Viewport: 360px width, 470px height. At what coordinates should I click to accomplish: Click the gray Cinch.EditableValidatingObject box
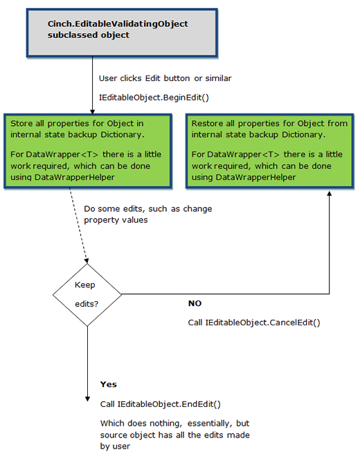[122, 33]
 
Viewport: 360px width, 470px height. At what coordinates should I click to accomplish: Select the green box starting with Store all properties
[88, 151]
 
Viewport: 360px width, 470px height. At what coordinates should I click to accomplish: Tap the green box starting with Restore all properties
[270, 151]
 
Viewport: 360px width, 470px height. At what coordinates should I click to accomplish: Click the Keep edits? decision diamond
[87, 295]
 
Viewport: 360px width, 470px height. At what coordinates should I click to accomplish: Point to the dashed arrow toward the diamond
[78, 226]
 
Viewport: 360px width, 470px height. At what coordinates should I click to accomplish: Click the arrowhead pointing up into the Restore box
[330, 194]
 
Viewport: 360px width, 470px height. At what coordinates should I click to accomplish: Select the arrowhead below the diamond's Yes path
[87, 399]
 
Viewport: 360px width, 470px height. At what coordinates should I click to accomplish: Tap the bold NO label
[195, 303]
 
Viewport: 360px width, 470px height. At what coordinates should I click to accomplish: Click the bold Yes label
[109, 384]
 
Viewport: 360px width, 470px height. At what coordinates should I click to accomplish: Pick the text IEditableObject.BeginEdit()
[154, 98]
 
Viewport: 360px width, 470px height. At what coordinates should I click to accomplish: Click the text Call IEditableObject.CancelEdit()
[254, 323]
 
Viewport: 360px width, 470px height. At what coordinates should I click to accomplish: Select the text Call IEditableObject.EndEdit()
[161, 404]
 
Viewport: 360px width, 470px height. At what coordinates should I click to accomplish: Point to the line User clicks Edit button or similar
[165, 78]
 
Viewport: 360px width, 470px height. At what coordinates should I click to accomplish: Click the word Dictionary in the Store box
[123, 134]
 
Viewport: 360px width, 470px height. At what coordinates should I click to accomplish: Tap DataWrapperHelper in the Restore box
[255, 177]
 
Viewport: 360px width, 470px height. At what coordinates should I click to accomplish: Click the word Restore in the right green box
[206, 123]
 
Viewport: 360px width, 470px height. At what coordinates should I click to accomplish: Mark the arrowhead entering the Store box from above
[92, 111]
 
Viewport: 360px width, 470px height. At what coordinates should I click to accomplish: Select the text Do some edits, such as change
[147, 208]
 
